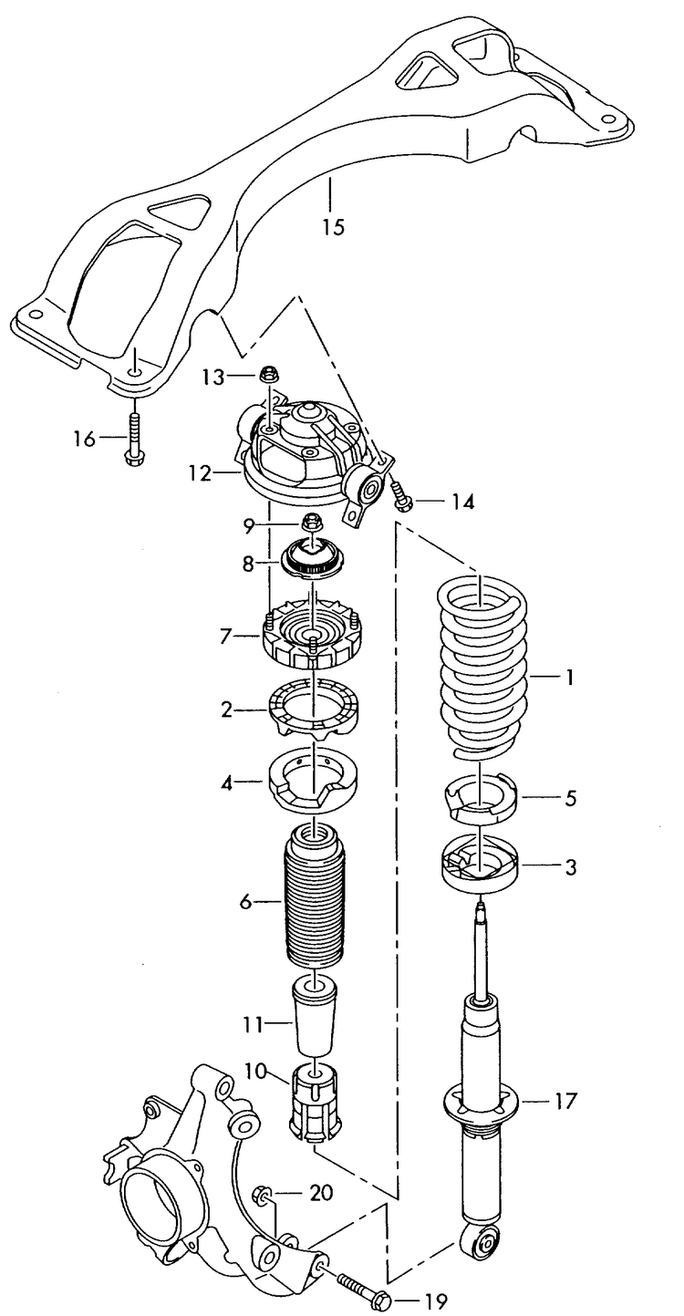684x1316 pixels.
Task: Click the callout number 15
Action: (333, 226)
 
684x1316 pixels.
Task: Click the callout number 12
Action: (200, 473)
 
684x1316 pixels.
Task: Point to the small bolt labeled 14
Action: (400, 497)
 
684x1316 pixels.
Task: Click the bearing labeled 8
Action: (314, 559)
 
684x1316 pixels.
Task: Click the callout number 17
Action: (565, 1101)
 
